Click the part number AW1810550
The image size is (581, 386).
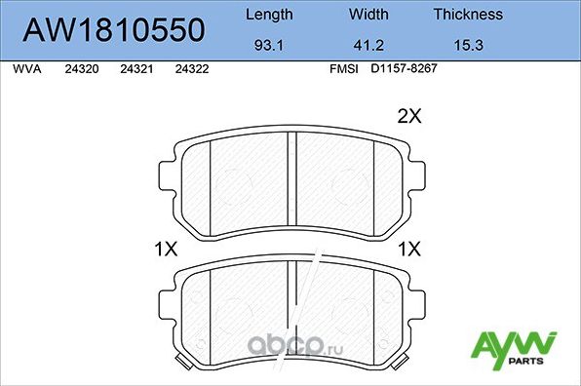[114, 30]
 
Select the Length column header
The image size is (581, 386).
[268, 15]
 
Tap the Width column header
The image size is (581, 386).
[369, 15]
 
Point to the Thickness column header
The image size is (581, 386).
[468, 15]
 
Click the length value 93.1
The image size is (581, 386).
[268, 44]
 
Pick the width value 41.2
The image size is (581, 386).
[369, 44]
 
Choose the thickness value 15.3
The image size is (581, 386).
[468, 44]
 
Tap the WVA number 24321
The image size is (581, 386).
[136, 69]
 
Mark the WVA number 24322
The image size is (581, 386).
[191, 69]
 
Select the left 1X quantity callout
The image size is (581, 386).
[166, 249]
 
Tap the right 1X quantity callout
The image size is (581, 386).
[407, 249]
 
